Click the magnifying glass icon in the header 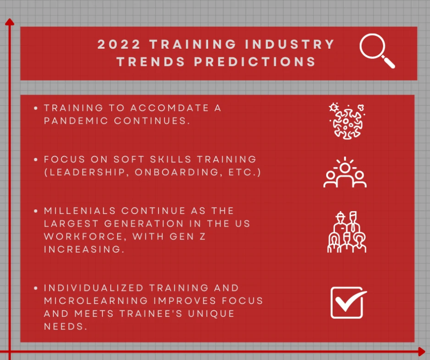[x=374, y=46]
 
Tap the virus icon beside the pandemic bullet [x=347, y=122]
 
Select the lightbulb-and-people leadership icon [x=345, y=172]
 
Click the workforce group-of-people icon [x=347, y=232]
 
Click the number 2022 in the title [x=119, y=45]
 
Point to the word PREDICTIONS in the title [x=255, y=61]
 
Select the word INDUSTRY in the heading [x=290, y=45]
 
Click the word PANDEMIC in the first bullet [x=76, y=121]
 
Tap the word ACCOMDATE [x=169, y=108]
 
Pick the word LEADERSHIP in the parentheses [x=87, y=172]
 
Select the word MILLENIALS [x=80, y=211]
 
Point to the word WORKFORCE [x=84, y=237]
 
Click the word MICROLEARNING [x=96, y=301]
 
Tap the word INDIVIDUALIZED [x=94, y=288]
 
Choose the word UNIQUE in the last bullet [x=211, y=314]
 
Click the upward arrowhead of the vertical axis [x=10, y=22]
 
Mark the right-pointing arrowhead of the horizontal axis [x=422, y=351]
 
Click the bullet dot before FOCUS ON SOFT [x=36, y=159]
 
